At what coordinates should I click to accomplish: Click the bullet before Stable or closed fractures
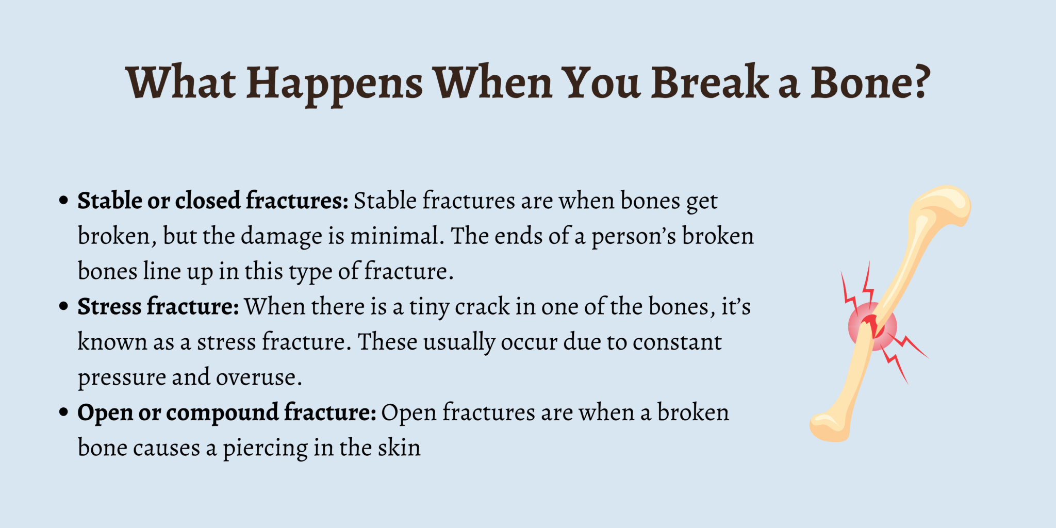63,201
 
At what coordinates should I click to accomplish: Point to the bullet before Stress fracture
63,307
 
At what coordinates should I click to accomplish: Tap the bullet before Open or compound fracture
63,412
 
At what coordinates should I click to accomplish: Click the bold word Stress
109,307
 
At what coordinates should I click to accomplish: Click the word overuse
258,378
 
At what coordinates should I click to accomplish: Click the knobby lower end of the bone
830,425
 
